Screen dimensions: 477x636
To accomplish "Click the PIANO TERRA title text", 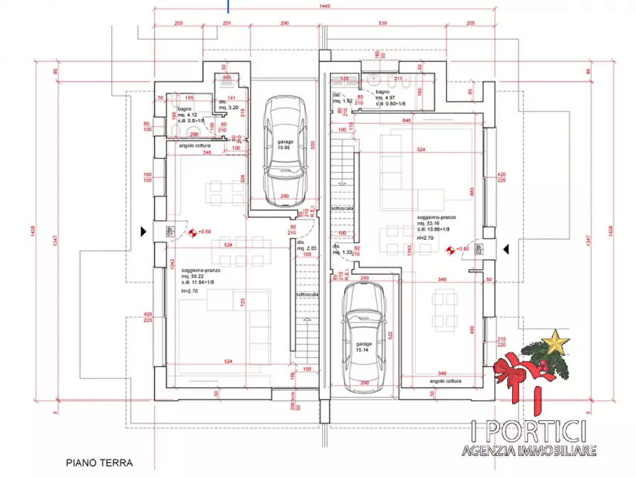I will [x=100, y=462].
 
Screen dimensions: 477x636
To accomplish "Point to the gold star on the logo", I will [x=555, y=342].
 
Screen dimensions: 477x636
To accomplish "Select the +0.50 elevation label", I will [x=204, y=231].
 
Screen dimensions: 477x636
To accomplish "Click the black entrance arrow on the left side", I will [x=145, y=231].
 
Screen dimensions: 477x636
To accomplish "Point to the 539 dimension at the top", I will [x=382, y=23].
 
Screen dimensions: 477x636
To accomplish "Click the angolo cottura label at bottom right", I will [x=447, y=382].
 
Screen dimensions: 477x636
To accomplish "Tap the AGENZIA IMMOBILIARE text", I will [x=528, y=449].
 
